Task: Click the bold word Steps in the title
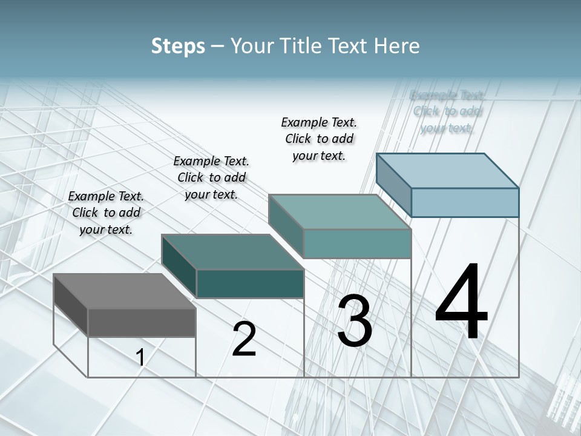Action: [x=178, y=46]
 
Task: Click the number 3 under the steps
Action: [x=354, y=321]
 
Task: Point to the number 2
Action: [x=244, y=339]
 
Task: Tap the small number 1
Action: [x=140, y=358]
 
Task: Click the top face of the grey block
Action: [x=124, y=291]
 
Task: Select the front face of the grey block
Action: [x=142, y=323]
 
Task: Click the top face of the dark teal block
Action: [x=232, y=252]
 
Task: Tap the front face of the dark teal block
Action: [x=250, y=283]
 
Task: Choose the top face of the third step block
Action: [x=340, y=212]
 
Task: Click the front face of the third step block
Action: [x=357, y=243]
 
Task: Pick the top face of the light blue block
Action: [x=447, y=171]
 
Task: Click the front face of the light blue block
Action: [x=465, y=202]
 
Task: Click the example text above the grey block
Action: [x=106, y=213]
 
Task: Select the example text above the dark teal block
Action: [x=211, y=178]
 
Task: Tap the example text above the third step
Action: [x=319, y=139]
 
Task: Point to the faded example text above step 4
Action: [x=447, y=111]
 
